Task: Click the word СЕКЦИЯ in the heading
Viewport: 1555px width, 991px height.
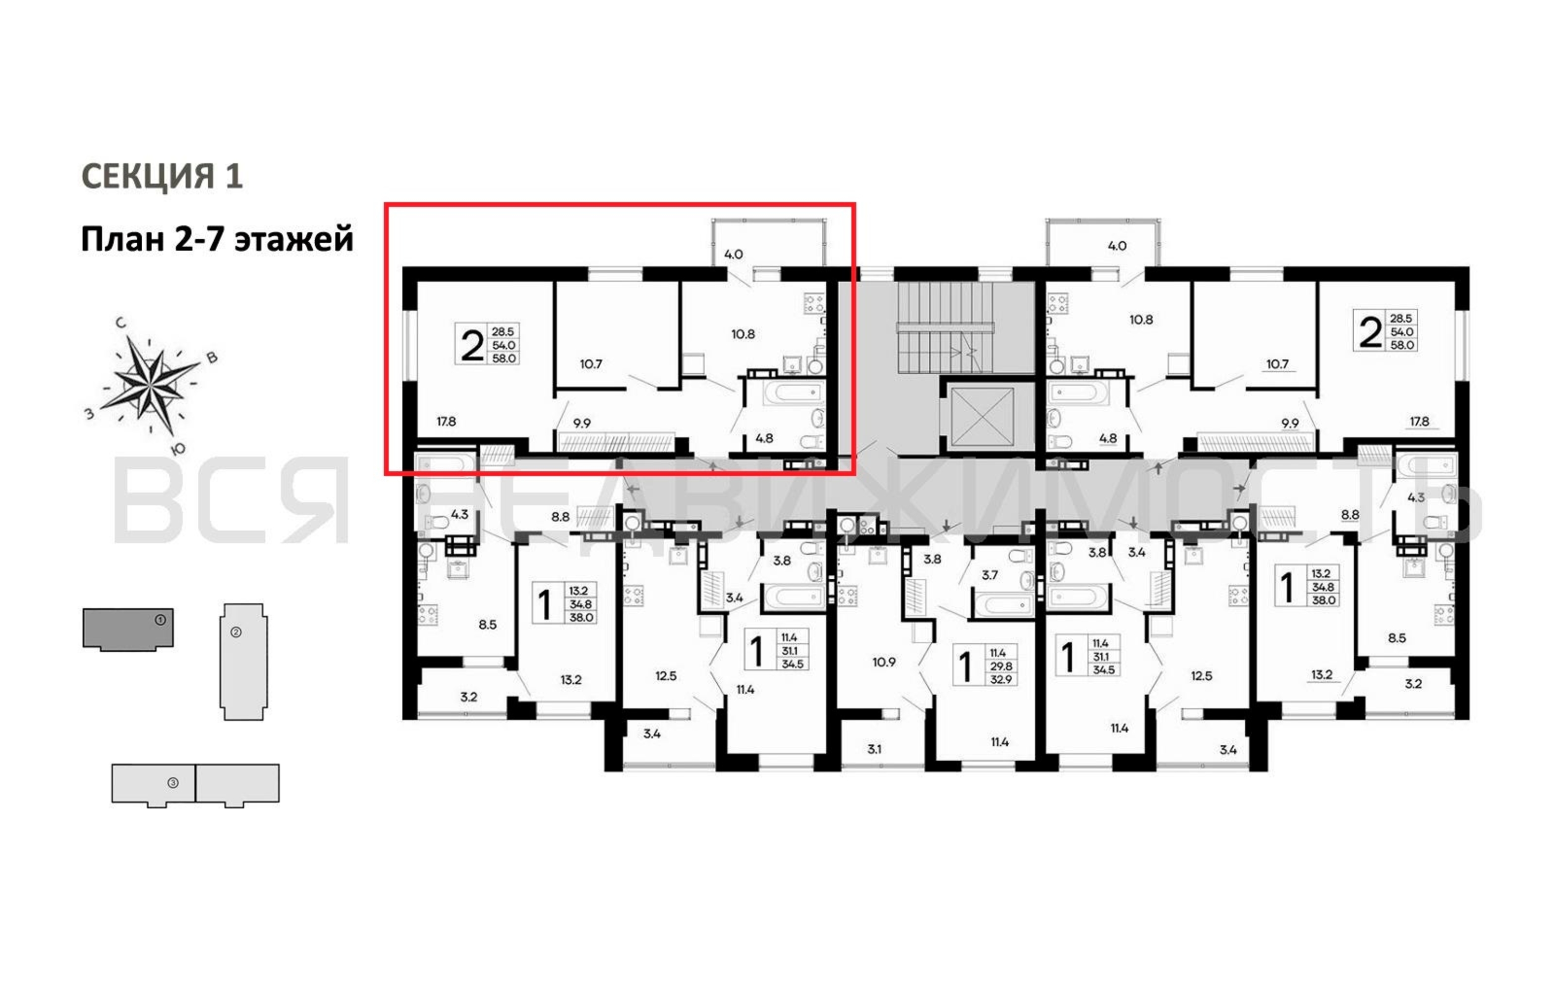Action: coord(147,175)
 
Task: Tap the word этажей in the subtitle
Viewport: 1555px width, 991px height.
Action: coord(294,239)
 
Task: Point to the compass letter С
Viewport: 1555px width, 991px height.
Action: coord(121,323)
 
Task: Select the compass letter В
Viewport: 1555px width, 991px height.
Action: coord(211,357)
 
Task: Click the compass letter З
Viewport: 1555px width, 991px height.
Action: coord(90,414)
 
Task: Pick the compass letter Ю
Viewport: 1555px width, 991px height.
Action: coord(179,448)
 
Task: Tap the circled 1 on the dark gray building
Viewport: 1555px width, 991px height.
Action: coord(161,620)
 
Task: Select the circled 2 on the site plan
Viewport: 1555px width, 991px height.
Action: coord(236,632)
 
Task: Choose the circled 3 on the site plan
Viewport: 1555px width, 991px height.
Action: coord(173,782)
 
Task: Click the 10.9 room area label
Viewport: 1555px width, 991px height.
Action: coord(884,662)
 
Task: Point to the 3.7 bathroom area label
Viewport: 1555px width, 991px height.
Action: coord(990,575)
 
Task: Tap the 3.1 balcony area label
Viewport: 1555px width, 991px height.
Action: coord(874,749)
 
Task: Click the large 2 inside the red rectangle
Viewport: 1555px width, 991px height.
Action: coord(472,345)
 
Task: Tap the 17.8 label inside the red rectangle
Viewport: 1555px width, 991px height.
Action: coord(446,422)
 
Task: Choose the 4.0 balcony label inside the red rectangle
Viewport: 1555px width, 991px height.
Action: coord(734,254)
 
